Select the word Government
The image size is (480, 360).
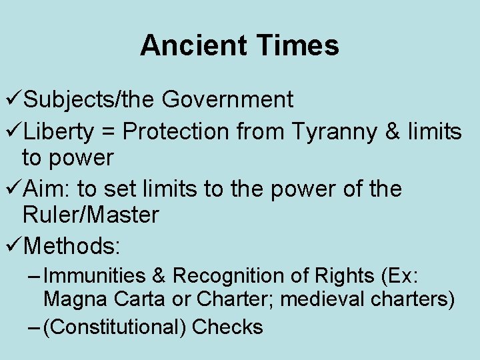pyautogui.click(x=227, y=99)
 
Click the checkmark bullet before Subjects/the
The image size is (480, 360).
pyautogui.click(x=12, y=99)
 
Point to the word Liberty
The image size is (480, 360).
pyautogui.click(x=59, y=132)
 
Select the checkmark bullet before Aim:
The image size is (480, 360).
pyautogui.click(x=12, y=189)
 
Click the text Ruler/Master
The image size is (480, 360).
pyautogui.click(x=91, y=215)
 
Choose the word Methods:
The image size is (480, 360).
pyautogui.click(x=71, y=246)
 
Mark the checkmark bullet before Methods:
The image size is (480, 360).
pyautogui.click(x=12, y=246)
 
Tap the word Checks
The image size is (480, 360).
pyautogui.click(x=227, y=327)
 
